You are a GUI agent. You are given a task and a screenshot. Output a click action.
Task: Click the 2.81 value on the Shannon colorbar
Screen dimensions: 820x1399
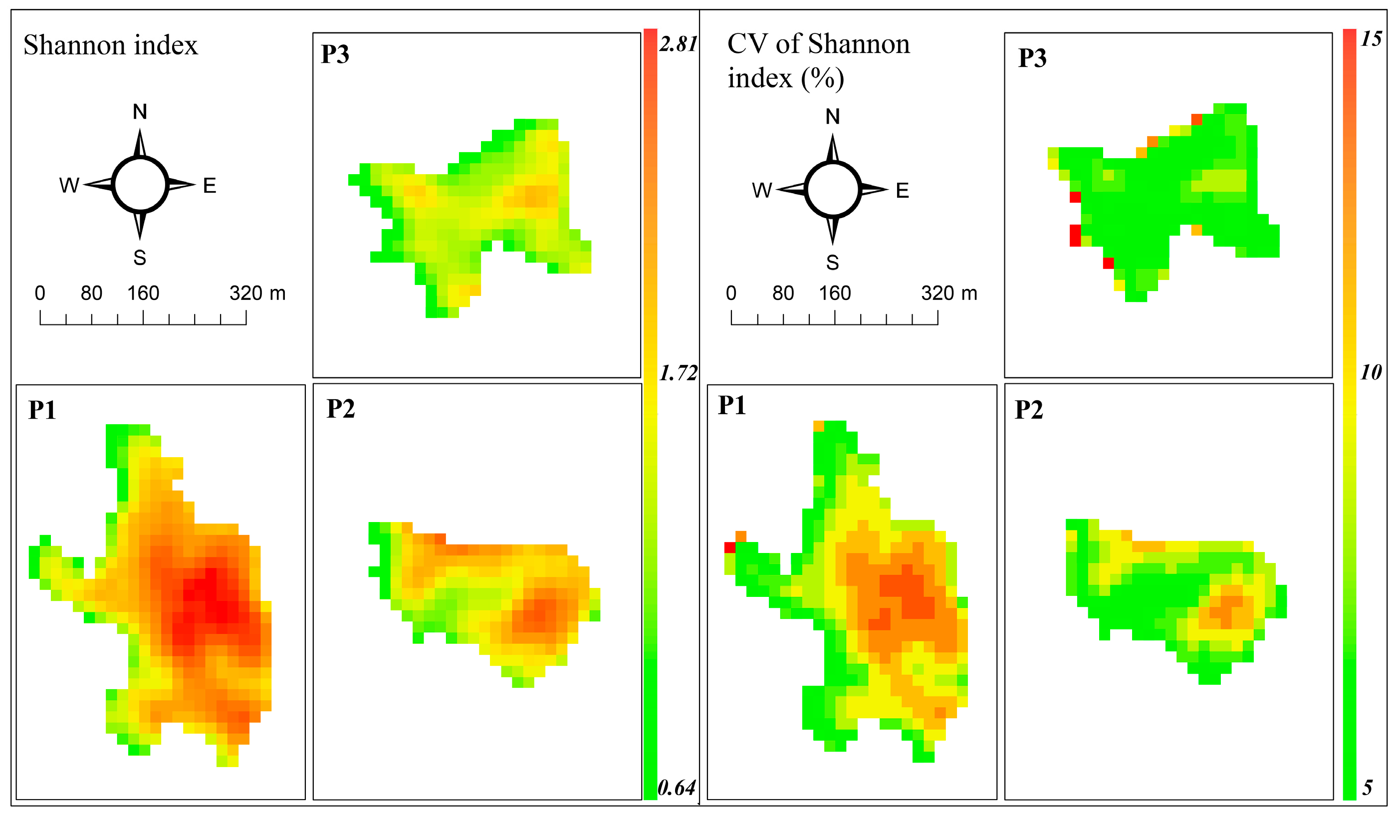pos(678,44)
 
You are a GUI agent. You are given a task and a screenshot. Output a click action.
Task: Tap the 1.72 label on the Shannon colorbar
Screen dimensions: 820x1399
pos(678,373)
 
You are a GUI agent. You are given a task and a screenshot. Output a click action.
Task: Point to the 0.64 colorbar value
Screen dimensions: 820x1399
pos(676,787)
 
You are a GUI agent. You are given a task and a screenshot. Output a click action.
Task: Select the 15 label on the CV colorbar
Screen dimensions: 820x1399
pos(1371,39)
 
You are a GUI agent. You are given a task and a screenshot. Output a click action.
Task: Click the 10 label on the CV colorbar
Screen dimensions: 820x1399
pos(1371,372)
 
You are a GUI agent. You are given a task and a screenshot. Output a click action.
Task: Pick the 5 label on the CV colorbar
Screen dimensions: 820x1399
pos(1368,787)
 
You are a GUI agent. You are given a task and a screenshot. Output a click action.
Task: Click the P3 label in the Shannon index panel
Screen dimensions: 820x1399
pos(335,54)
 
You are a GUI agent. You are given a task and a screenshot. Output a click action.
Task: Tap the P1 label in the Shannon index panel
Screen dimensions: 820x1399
pos(42,410)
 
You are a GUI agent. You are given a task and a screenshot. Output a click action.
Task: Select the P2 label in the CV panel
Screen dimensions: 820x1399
pos(1029,410)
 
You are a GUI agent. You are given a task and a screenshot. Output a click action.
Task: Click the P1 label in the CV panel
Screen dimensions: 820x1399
pos(732,405)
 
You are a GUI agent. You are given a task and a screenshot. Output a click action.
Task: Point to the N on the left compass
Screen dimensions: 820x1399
pos(140,112)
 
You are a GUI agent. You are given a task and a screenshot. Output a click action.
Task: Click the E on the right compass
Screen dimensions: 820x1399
pos(902,191)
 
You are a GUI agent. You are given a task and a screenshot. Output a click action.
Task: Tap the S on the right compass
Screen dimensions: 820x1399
pos(832,263)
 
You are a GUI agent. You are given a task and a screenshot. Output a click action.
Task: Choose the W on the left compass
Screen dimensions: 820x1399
pos(69,186)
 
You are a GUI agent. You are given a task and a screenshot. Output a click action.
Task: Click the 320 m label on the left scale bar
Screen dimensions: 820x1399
pos(257,293)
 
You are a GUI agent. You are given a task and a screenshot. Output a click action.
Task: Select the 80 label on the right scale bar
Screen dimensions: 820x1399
pos(783,293)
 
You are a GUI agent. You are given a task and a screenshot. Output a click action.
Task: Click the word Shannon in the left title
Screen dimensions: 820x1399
pos(68,45)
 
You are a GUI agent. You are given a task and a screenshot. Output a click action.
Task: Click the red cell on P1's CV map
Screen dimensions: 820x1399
pos(729,547)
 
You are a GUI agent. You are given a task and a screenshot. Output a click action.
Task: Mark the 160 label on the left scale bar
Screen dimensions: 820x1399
pos(143,293)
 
